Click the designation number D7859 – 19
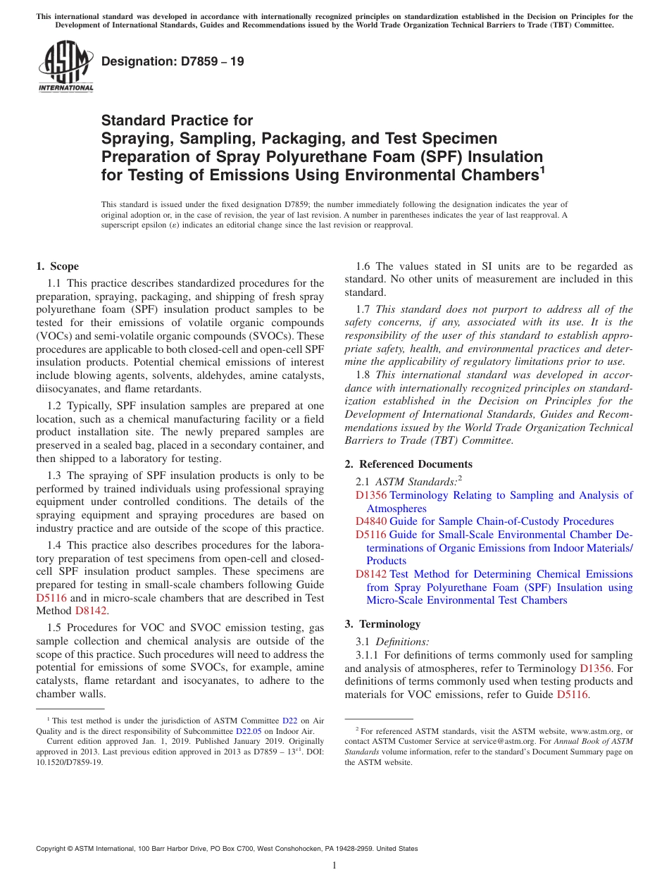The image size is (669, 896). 173,61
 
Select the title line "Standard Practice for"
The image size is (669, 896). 177,120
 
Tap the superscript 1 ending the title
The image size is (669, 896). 542,170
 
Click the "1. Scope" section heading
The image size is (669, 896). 58,266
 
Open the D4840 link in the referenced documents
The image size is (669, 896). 371,521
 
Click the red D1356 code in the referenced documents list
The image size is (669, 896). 371,495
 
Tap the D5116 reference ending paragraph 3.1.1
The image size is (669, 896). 572,695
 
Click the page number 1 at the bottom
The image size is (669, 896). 334,866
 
